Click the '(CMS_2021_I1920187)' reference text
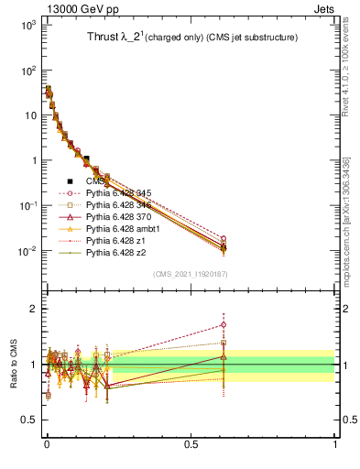point(191,273)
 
